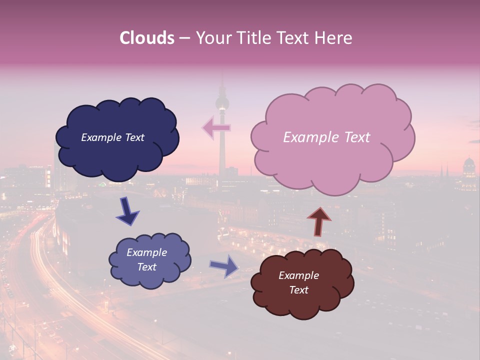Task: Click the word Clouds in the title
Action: [x=147, y=38]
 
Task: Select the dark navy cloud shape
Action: [x=117, y=155]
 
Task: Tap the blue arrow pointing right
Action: [x=224, y=265]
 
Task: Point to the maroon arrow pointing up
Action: [x=319, y=221]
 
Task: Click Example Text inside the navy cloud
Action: [x=112, y=137]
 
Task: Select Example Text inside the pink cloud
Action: [x=326, y=137]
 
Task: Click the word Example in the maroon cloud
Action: [x=298, y=275]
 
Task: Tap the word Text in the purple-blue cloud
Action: [x=147, y=267]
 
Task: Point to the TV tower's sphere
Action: [x=221, y=103]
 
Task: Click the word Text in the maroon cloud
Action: [x=298, y=290]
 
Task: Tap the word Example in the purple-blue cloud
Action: [x=147, y=252]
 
